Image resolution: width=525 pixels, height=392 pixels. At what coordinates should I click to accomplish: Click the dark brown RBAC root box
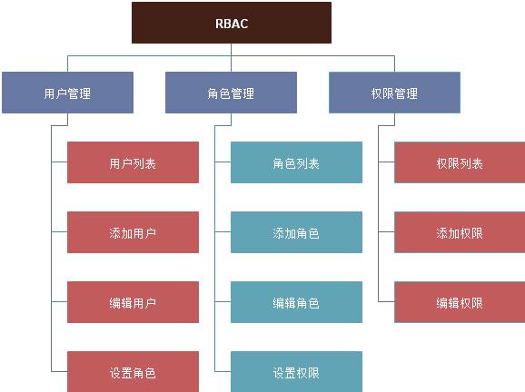coord(232,23)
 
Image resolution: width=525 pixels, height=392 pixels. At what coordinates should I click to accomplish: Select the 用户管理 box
coord(67,93)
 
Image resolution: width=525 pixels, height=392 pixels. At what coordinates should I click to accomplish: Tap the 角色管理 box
coord(231,93)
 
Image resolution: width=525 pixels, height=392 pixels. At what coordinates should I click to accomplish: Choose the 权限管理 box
coord(394,93)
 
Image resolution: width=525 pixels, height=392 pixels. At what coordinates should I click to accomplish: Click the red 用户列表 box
coord(133,163)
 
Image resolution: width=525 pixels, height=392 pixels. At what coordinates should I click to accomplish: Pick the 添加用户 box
coord(133,233)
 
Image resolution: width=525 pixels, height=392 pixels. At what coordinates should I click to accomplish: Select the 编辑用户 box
coord(133,303)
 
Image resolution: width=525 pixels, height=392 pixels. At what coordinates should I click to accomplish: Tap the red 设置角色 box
coord(133,372)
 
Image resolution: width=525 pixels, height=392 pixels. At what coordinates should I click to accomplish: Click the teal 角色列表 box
coord(296,163)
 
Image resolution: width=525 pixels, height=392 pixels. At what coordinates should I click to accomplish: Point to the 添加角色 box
coord(296,233)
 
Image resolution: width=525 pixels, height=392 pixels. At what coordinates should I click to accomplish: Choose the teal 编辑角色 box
coord(296,303)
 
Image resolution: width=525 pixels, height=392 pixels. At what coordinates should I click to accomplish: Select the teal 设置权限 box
coord(296,372)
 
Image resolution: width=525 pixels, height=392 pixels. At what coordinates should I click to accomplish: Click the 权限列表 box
coord(459,163)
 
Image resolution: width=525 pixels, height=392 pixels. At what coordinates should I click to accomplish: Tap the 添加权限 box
coord(459,233)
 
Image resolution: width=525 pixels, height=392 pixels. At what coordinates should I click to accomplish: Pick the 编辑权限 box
coord(459,303)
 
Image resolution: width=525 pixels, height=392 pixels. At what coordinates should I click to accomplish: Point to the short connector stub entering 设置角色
coord(59,372)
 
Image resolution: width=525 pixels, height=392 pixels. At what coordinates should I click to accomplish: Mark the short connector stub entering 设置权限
coord(223,372)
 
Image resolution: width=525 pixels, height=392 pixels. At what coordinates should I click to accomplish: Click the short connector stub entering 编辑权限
coord(386,303)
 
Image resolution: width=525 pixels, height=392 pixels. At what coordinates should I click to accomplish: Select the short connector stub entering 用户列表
coord(59,163)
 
